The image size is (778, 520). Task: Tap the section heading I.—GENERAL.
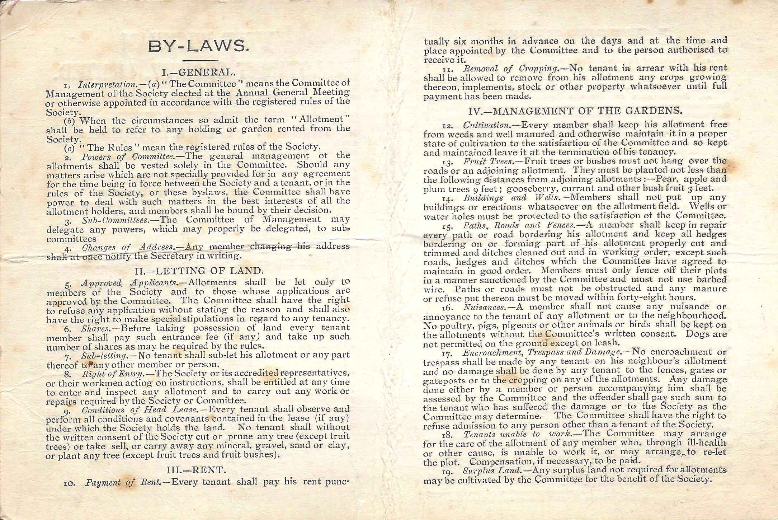[x=198, y=72]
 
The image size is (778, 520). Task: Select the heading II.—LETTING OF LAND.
[x=198, y=270]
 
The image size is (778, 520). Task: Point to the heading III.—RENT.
[x=197, y=469]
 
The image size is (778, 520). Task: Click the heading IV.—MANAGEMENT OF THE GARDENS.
[x=575, y=111]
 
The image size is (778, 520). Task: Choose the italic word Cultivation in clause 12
[x=487, y=126]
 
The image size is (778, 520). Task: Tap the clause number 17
[x=447, y=353]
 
